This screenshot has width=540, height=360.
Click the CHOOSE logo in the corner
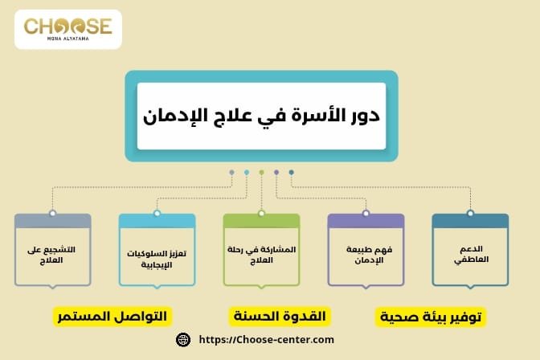tap(68, 30)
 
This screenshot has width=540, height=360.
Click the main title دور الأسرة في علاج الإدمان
tap(261, 116)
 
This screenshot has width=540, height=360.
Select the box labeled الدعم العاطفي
tap(470, 254)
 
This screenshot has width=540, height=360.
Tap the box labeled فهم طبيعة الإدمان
tap(366, 254)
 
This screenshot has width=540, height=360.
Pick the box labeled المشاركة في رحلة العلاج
tap(261, 254)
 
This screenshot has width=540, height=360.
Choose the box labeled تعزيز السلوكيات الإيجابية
tap(157, 254)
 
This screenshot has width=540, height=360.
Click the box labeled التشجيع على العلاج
tap(52, 254)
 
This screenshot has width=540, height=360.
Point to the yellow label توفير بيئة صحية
tap(432, 317)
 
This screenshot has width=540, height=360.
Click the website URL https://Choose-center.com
tap(266, 340)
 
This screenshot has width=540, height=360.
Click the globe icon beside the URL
tap(183, 340)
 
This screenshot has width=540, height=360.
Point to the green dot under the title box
tap(261, 172)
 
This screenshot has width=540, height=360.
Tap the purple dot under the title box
tap(276, 172)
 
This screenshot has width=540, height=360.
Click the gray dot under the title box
tap(231, 172)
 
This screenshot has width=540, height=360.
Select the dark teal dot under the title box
tap(291, 172)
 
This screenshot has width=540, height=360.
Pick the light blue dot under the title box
tap(247, 172)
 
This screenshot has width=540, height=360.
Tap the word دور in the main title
tap(362, 116)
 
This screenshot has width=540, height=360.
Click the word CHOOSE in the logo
tap(68, 26)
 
